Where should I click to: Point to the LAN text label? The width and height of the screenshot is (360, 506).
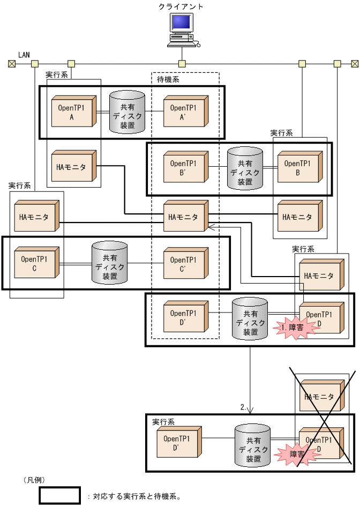(24, 55)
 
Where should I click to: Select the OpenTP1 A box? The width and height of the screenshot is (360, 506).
(73, 113)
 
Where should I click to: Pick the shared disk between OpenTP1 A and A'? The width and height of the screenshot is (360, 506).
(127, 112)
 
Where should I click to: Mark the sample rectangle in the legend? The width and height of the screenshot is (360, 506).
(59, 496)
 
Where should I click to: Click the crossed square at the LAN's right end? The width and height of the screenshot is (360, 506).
(355, 64)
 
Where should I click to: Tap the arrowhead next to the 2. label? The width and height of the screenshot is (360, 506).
(250, 410)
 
